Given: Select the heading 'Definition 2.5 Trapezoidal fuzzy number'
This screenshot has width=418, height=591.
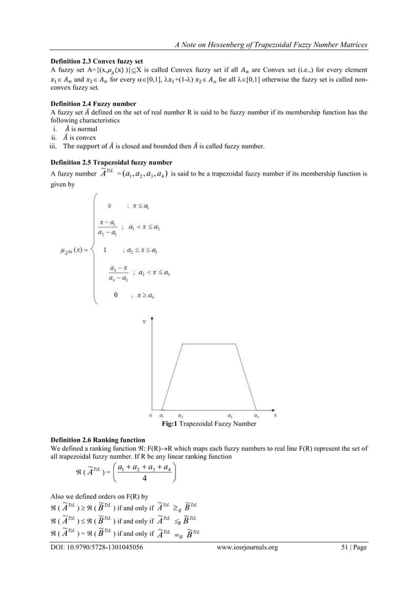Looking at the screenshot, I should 108,161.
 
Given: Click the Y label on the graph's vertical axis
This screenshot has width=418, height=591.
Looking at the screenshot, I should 143,322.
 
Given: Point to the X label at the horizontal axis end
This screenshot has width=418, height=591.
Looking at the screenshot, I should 275,415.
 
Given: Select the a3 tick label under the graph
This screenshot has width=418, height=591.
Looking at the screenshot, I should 230,416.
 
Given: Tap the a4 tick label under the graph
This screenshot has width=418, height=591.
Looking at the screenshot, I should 256,416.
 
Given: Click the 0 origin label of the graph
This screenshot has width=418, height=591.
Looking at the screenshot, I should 151,415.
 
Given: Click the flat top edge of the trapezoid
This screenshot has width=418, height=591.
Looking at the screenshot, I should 206,343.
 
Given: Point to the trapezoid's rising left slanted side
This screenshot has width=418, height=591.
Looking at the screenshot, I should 171,376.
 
